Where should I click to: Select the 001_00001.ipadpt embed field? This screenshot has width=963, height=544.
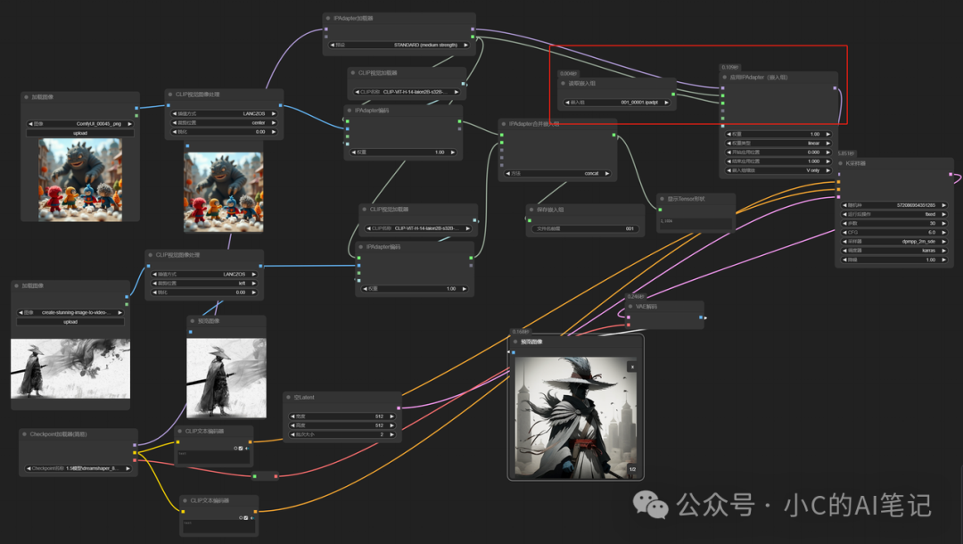(616, 103)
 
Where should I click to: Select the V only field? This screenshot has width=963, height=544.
(779, 169)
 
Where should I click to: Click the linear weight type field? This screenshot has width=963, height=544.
(779, 143)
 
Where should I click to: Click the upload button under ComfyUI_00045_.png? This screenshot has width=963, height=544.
(80, 133)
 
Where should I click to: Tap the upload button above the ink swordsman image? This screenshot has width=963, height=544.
(70, 322)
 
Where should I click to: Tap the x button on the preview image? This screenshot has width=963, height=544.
(632, 366)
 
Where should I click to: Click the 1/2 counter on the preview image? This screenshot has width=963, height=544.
(632, 469)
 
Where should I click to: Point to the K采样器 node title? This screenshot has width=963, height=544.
(857, 163)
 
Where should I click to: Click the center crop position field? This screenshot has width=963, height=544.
(224, 122)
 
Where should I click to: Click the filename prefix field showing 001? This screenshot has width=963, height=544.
(584, 228)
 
